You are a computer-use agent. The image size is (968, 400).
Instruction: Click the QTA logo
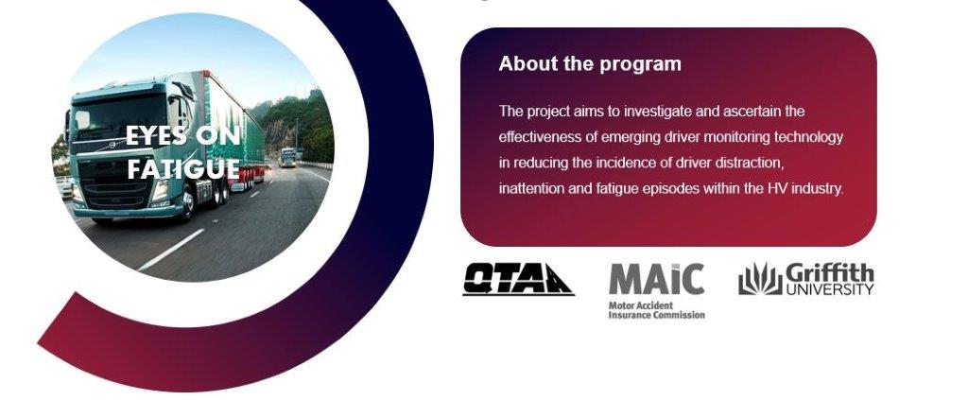pyautogui.click(x=519, y=280)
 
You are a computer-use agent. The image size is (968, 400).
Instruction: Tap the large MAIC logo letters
pyautogui.click(x=656, y=279)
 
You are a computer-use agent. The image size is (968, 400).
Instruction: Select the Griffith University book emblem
pyautogui.click(x=760, y=279)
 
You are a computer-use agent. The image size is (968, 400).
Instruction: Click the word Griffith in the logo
pyautogui.click(x=830, y=272)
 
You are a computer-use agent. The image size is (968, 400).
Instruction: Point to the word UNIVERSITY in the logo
pyautogui.click(x=830, y=289)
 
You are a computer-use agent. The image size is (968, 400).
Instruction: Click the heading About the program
pyautogui.click(x=590, y=64)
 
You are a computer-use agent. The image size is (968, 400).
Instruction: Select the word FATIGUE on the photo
pyautogui.click(x=183, y=168)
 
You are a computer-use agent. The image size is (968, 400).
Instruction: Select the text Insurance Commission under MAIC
pyautogui.click(x=656, y=315)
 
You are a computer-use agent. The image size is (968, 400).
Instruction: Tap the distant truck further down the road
pyautogui.click(x=287, y=157)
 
